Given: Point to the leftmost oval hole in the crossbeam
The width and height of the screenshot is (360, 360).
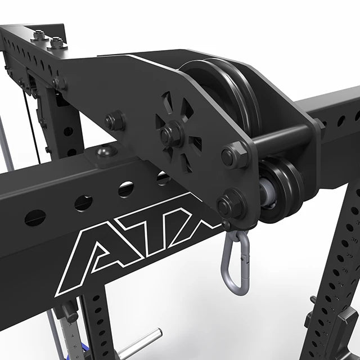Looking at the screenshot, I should point(35,217).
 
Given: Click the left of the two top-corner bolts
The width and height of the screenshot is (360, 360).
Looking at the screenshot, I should point(39,35).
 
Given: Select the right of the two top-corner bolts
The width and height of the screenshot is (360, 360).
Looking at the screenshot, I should point(57,42).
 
